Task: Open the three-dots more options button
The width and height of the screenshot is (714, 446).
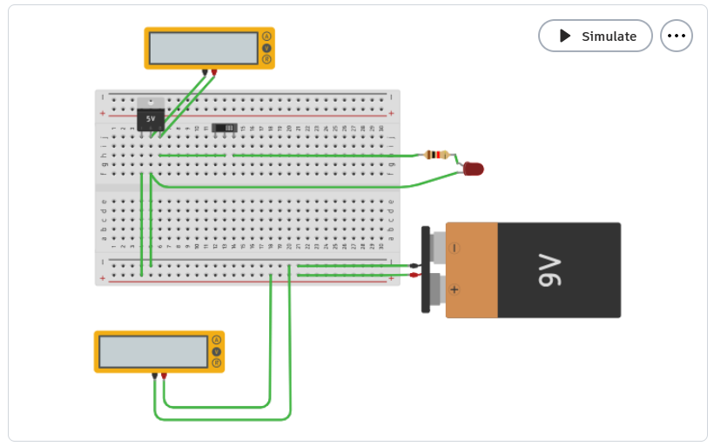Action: tap(677, 36)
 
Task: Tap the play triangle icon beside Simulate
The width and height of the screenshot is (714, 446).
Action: tap(564, 36)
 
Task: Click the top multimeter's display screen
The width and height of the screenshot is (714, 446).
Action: tap(203, 49)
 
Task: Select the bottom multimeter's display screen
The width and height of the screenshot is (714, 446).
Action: tap(153, 352)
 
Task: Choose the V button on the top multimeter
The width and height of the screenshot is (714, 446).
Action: tap(266, 48)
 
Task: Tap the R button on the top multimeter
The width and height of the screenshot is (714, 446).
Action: tap(266, 59)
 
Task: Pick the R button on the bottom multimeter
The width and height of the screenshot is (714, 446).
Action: tap(217, 363)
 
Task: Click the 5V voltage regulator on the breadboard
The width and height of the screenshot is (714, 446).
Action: tap(151, 116)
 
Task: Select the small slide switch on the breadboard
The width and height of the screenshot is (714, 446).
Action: tap(225, 128)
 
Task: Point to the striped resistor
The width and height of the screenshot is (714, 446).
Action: tap(436, 155)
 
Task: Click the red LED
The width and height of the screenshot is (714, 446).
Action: tap(473, 169)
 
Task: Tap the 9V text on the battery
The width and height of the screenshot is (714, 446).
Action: tap(549, 270)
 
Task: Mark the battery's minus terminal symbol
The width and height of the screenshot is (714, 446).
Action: tap(455, 248)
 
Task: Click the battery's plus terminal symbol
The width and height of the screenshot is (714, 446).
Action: tap(455, 290)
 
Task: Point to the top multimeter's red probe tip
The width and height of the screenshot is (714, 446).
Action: tap(213, 74)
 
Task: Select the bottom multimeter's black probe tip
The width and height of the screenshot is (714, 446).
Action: tap(154, 376)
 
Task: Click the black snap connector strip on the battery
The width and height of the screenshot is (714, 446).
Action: tap(426, 270)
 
